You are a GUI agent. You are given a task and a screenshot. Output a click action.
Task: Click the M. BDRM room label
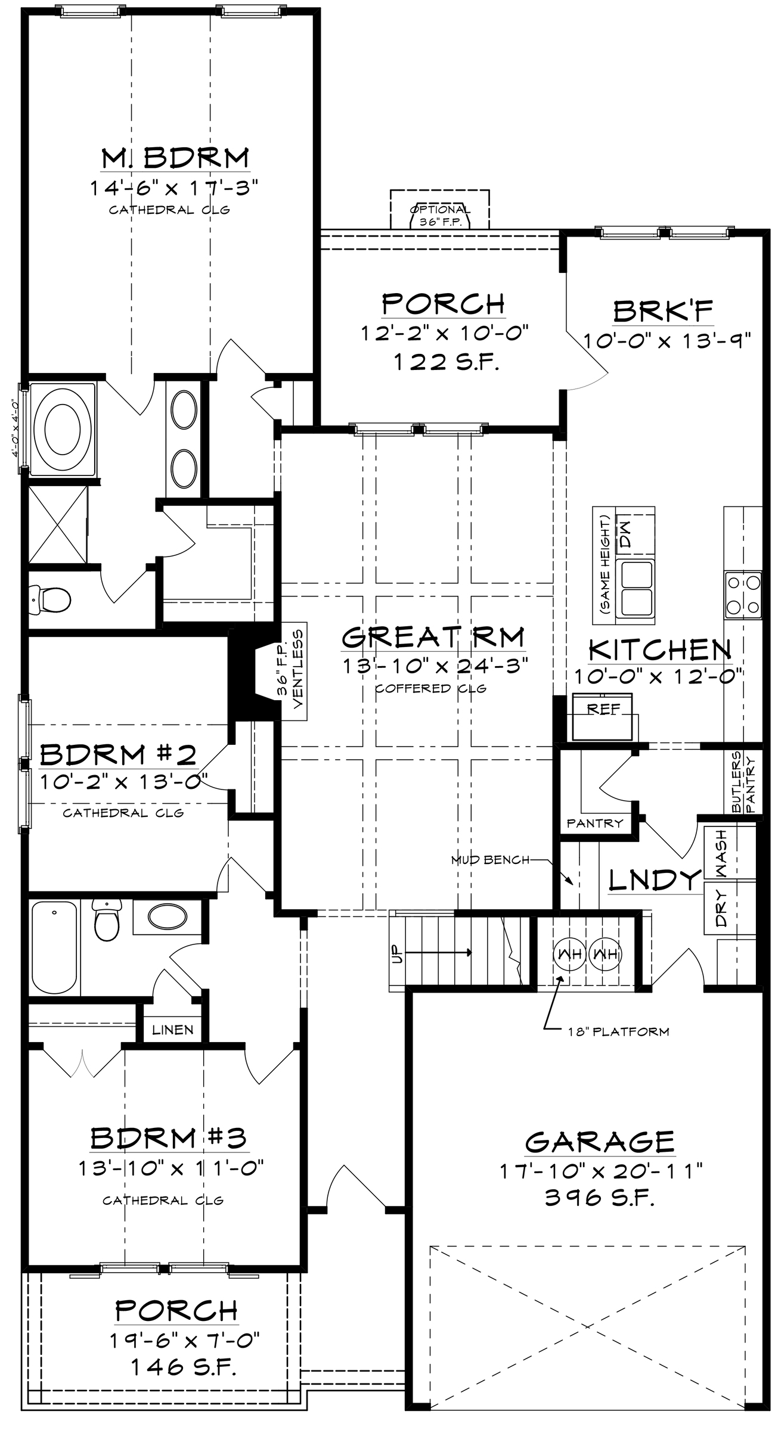click(x=175, y=158)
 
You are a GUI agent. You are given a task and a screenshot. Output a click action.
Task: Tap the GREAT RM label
click(x=433, y=637)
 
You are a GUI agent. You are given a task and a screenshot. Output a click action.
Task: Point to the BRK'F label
click(x=663, y=311)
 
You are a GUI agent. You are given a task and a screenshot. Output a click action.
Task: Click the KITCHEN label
click(x=660, y=650)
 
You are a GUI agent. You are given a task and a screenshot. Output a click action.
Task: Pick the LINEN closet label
click(x=172, y=1030)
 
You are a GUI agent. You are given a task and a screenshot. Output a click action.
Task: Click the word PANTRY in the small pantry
click(x=594, y=823)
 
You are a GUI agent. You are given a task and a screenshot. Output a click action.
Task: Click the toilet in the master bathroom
click(x=50, y=599)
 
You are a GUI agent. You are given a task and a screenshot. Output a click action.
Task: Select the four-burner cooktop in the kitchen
click(x=743, y=594)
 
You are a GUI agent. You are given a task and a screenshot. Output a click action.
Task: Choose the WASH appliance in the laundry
click(x=721, y=853)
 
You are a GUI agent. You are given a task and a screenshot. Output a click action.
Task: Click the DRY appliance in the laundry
click(x=721, y=909)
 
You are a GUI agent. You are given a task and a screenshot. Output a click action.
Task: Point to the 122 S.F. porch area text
click(x=444, y=361)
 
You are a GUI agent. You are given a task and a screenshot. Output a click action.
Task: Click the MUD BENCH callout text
click(x=489, y=860)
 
